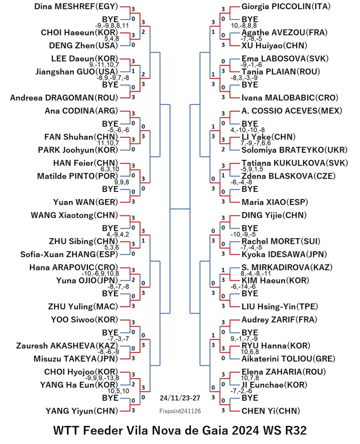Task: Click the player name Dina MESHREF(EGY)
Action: [x=76, y=7]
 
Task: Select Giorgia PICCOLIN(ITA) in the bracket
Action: [x=286, y=7]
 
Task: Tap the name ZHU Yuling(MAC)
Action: [x=83, y=307]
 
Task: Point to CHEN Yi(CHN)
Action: [x=271, y=411]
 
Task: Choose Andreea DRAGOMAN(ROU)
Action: [x=64, y=98]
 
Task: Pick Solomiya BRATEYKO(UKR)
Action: [x=294, y=150]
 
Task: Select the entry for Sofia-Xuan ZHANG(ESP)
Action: [x=69, y=255]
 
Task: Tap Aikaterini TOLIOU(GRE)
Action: [x=288, y=359]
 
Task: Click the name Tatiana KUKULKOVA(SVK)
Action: [x=295, y=163]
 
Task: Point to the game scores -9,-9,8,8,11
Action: [x=112, y=26]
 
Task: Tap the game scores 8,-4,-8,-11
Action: [x=256, y=274]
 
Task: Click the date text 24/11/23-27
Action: [x=180, y=398]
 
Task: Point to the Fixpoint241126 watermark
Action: [x=180, y=411]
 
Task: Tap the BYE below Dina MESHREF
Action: [x=110, y=19]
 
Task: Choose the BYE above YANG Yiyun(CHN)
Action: [x=110, y=398]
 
